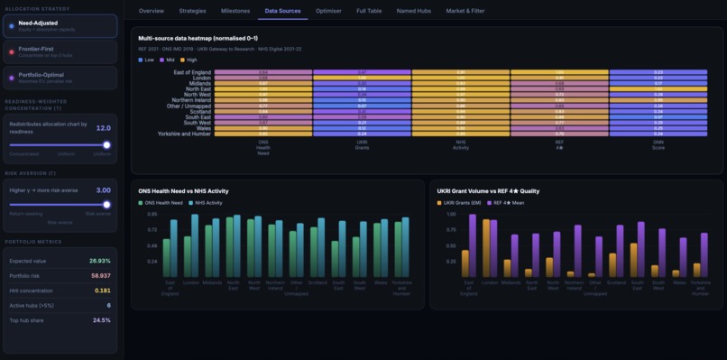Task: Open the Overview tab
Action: point(152,11)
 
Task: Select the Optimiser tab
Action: point(328,11)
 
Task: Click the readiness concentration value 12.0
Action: point(103,128)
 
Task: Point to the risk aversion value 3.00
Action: point(103,190)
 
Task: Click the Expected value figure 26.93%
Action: point(99,261)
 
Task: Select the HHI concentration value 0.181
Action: point(102,291)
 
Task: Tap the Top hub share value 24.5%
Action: point(101,320)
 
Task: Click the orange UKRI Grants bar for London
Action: point(486,248)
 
